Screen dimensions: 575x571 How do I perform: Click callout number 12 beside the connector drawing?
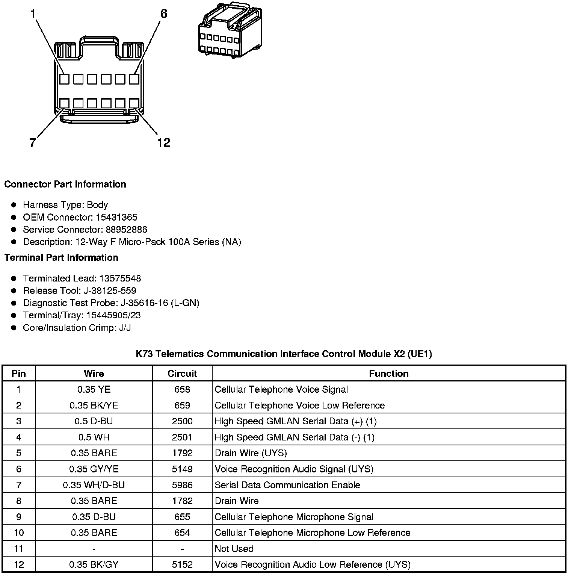(164, 143)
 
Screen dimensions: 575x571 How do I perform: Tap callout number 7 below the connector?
(32, 143)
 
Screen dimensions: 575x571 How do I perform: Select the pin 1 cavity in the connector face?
(64, 79)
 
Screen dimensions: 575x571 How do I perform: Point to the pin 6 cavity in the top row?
(134, 79)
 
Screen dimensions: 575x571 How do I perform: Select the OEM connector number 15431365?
(116, 217)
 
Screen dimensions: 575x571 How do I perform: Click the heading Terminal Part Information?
(61, 257)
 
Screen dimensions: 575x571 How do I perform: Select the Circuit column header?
(182, 374)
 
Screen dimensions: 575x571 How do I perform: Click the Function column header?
(388, 374)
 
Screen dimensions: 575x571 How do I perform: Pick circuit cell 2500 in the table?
(182, 421)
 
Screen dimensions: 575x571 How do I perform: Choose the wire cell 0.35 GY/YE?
(94, 469)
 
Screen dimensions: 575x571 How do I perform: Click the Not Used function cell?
(234, 549)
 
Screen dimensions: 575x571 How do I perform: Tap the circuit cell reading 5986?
(182, 485)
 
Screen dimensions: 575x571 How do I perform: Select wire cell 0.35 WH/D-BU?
(94, 485)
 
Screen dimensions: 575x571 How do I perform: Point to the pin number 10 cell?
(19, 533)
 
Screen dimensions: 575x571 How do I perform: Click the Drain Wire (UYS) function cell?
(251, 453)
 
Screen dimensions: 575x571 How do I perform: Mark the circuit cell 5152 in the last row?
(182, 564)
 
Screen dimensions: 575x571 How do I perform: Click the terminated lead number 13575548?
(120, 278)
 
